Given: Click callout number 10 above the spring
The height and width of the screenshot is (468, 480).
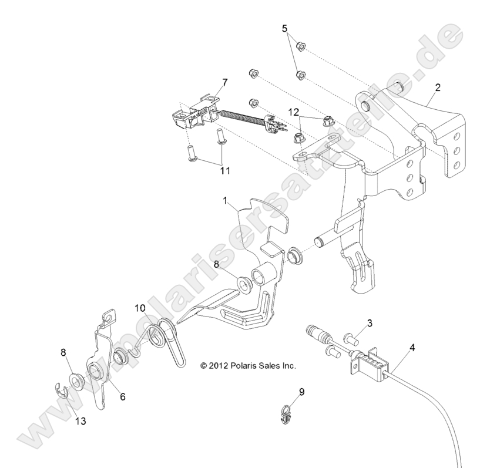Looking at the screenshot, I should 139,307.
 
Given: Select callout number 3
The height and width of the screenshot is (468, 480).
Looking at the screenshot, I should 370,323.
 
